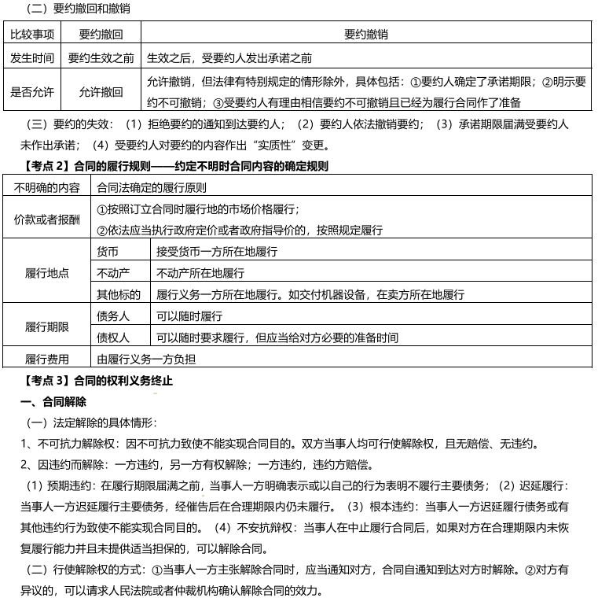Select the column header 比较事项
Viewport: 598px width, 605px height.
coord(32,35)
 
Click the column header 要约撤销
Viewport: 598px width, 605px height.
coord(366,35)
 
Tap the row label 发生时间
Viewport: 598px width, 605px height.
coord(32,57)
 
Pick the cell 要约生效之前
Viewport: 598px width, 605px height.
coord(101,57)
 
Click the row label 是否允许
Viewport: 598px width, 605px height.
coord(32,92)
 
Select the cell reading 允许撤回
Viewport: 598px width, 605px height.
coord(101,92)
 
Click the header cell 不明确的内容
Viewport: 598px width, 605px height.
coord(47,188)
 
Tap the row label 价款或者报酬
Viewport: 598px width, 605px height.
coord(47,219)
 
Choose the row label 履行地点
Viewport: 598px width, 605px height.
coord(47,273)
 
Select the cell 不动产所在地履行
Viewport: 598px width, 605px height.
coord(200,273)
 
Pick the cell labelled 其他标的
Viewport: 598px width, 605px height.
coord(118,294)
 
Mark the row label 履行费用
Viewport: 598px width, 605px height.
coord(47,360)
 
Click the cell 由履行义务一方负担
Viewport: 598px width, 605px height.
coord(146,360)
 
